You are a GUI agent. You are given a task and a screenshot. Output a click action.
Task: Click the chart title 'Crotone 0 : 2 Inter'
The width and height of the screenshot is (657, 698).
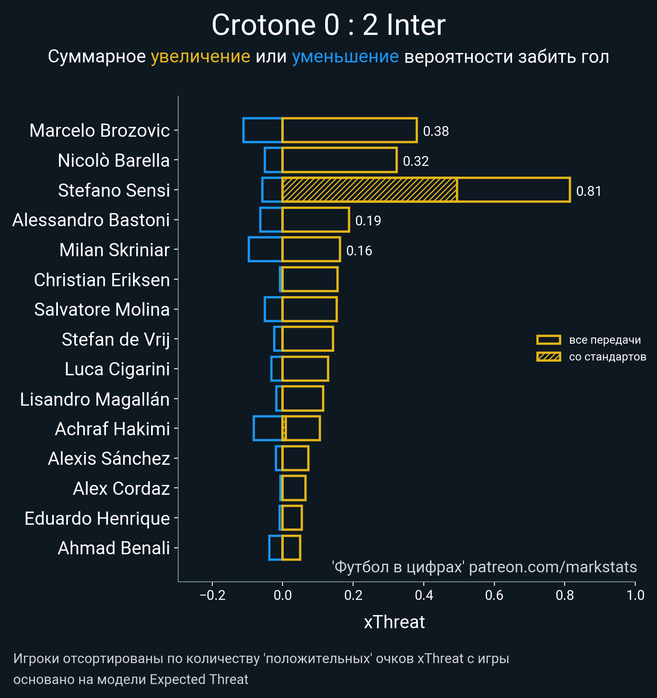[x=328, y=25]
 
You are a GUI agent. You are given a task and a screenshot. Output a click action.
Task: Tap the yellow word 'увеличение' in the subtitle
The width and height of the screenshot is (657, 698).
[x=200, y=57]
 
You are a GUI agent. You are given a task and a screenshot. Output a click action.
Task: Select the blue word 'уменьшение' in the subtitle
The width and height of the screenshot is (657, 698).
[x=345, y=57]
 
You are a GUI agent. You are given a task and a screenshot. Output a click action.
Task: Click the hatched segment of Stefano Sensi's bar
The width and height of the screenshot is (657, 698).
[x=370, y=190]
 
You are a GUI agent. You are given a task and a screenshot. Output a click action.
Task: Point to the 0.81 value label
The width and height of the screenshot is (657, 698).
[x=588, y=191]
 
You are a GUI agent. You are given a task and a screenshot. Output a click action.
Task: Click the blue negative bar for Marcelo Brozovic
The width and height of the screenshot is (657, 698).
[x=262, y=130]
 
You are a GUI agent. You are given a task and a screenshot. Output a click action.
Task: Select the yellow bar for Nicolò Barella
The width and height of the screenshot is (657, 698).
[x=339, y=160]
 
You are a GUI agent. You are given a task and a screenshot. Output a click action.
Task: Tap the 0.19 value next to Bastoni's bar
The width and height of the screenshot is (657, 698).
[x=368, y=221]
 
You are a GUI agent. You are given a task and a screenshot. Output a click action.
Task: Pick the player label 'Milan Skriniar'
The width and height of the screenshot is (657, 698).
[x=114, y=250]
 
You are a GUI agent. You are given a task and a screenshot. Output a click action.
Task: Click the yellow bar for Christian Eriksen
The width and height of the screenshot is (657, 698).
[x=310, y=279]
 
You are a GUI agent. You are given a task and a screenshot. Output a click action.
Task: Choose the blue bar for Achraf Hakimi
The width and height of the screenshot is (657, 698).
[x=267, y=428]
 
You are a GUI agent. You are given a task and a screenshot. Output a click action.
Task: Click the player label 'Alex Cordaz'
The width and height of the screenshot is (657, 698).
[x=121, y=489]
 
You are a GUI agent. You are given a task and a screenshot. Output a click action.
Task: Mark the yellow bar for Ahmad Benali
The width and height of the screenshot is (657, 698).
[x=291, y=548]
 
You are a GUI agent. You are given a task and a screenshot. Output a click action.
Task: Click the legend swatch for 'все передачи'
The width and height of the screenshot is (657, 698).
[x=548, y=340]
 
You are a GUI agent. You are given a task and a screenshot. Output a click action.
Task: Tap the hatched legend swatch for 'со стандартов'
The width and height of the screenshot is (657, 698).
[x=548, y=357]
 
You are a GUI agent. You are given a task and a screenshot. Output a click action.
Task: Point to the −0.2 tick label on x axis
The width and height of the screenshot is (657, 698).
[x=212, y=595]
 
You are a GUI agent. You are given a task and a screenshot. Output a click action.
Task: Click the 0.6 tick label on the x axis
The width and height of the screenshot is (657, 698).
[x=494, y=595]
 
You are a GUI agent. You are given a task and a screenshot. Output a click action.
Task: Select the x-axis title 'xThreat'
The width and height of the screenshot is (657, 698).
[x=394, y=622]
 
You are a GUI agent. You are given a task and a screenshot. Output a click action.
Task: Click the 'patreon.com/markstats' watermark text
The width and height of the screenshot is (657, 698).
[x=553, y=567]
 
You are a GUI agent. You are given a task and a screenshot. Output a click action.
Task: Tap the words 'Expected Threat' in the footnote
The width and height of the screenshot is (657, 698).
[x=199, y=680]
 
